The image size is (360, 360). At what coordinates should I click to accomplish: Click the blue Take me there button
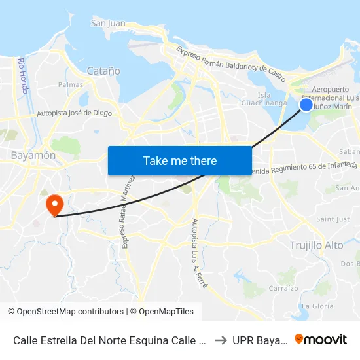pos(180,160)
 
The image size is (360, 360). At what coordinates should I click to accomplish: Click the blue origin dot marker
pos(306,104)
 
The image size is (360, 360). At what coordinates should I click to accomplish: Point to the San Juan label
pos(108,24)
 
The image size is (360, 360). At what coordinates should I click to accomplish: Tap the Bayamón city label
pos(33,156)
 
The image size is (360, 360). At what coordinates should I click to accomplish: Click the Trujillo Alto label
pos(316,245)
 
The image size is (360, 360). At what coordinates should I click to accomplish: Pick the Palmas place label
pos(71,85)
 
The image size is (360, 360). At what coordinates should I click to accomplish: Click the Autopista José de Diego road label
pos(74,113)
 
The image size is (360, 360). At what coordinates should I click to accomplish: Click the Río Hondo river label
pos(24,75)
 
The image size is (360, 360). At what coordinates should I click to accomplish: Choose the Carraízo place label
pos(283,288)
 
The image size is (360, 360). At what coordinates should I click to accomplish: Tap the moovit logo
pos(321,340)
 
